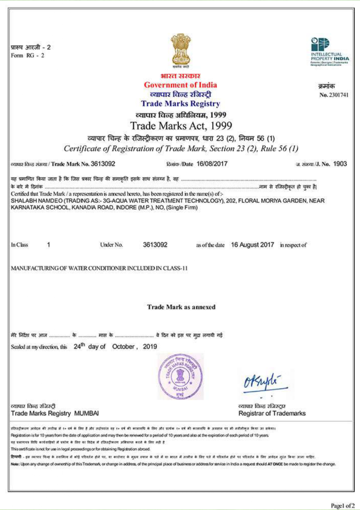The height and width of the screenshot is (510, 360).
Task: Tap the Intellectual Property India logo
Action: [329, 51]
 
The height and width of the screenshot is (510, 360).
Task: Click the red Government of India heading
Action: [180, 85]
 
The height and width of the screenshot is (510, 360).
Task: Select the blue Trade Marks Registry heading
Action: [180, 104]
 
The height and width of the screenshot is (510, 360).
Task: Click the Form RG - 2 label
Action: [28, 55]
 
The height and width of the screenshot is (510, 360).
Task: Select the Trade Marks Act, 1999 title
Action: [181, 126]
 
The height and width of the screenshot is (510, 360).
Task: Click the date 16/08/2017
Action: [212, 164]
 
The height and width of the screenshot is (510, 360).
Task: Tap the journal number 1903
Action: [340, 164]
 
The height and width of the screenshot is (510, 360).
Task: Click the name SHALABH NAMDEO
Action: [36, 201]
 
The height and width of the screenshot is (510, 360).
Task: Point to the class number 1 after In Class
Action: [49, 245]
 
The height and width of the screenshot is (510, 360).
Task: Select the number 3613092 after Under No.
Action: [155, 245]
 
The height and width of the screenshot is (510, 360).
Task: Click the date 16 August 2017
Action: [252, 245]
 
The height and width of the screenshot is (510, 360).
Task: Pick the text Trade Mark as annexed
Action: [181, 307]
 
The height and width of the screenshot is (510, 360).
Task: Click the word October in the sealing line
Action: [123, 347]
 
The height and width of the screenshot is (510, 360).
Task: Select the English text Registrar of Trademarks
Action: [272, 413]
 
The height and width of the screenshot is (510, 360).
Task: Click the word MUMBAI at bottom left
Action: [86, 413]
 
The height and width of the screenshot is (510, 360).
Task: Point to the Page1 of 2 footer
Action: [343, 505]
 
